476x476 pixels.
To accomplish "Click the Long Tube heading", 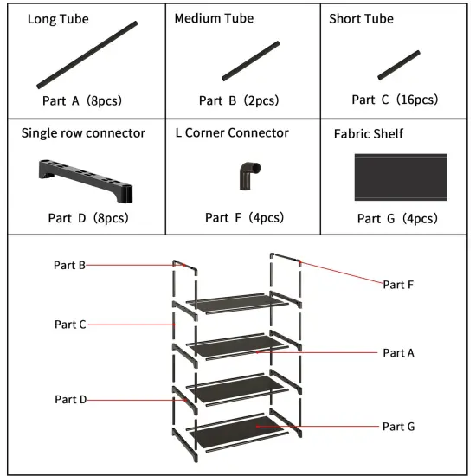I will pyautogui.click(x=58, y=19).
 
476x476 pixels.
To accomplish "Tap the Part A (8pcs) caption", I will pyautogui.click(x=82, y=100).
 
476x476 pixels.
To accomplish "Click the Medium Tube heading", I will pyautogui.click(x=213, y=19).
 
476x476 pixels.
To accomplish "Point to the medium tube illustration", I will pyautogui.click(x=251, y=60).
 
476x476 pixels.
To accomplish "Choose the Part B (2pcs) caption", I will pyautogui.click(x=239, y=100).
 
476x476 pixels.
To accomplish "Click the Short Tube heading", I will pyautogui.click(x=361, y=19).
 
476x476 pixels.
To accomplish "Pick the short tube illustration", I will pyautogui.click(x=399, y=65).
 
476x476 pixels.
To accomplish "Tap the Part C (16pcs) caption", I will pyautogui.click(x=395, y=100).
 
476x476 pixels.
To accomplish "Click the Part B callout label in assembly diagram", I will pyautogui.click(x=69, y=265).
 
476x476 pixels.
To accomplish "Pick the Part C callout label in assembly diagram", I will pyautogui.click(x=70, y=325).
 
